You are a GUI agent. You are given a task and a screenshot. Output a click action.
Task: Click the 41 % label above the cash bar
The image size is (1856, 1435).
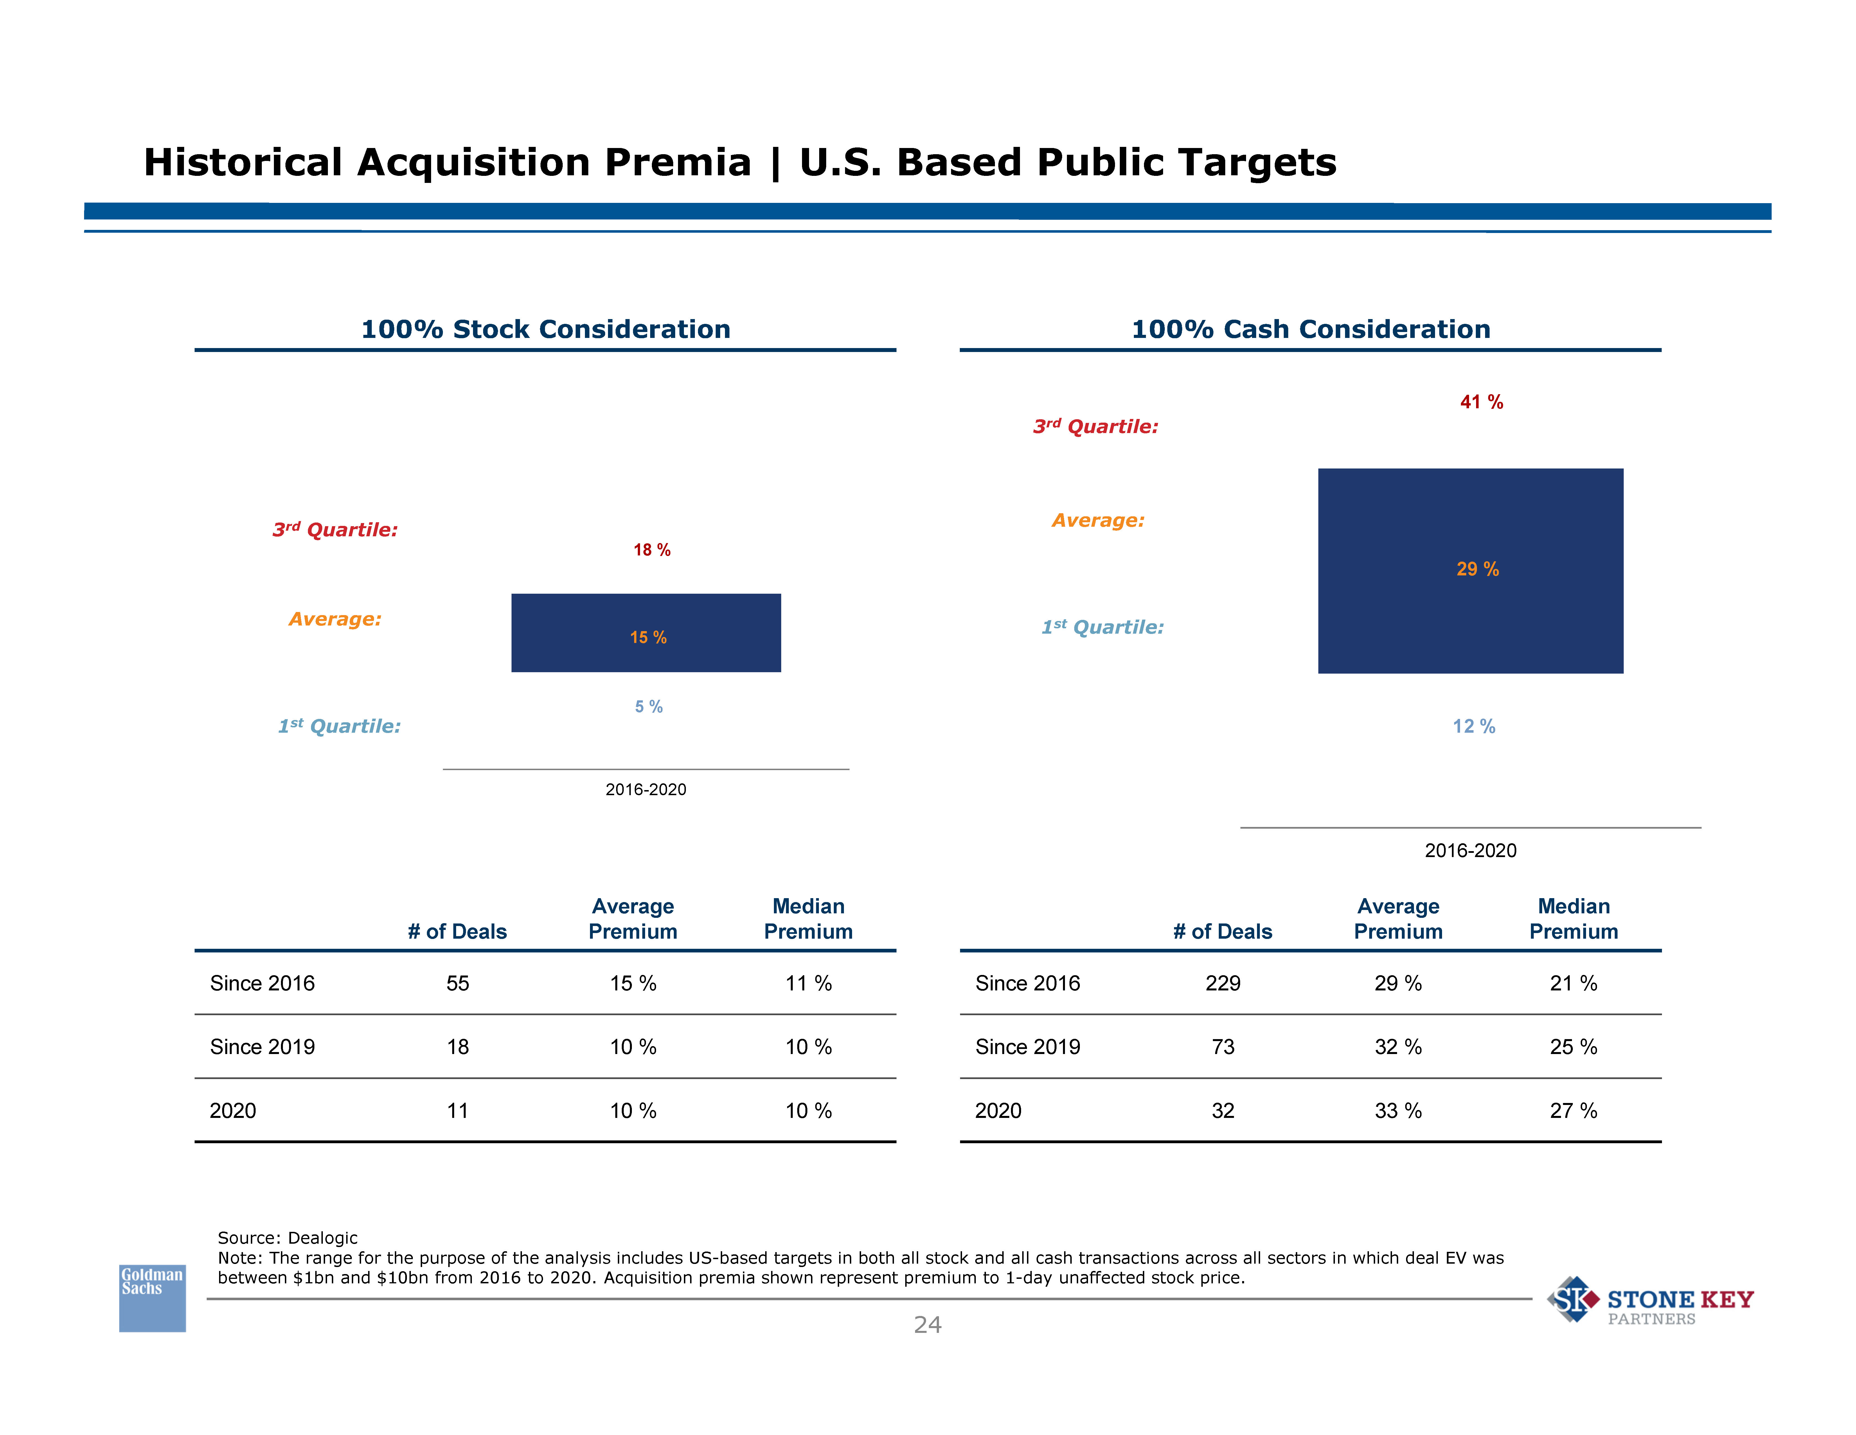click(1481, 402)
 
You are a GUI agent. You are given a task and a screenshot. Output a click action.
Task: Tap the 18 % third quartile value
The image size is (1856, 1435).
click(652, 550)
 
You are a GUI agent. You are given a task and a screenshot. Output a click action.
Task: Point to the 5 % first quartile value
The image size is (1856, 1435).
click(648, 707)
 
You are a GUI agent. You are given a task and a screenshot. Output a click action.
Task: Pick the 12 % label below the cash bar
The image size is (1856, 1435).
click(1474, 726)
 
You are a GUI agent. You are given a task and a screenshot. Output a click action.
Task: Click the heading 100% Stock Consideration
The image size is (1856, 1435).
click(546, 329)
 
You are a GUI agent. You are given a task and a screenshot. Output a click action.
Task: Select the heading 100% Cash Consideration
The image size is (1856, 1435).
click(1310, 329)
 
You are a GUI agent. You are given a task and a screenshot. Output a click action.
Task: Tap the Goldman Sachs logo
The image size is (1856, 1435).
click(152, 1297)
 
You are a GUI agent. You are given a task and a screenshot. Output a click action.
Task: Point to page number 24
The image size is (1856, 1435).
click(927, 1324)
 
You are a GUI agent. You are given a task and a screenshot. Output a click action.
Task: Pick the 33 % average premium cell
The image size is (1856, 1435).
click(1398, 1111)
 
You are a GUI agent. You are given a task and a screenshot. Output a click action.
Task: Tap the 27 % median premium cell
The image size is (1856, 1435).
click(1573, 1111)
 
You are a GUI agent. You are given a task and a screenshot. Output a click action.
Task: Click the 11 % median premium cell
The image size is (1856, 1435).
click(808, 984)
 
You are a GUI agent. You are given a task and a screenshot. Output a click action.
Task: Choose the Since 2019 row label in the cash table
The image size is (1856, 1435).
click(1028, 1047)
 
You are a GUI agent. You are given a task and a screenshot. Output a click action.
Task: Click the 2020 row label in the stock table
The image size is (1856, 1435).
click(233, 1111)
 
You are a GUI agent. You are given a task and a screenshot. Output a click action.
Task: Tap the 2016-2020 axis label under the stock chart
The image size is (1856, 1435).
click(646, 790)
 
